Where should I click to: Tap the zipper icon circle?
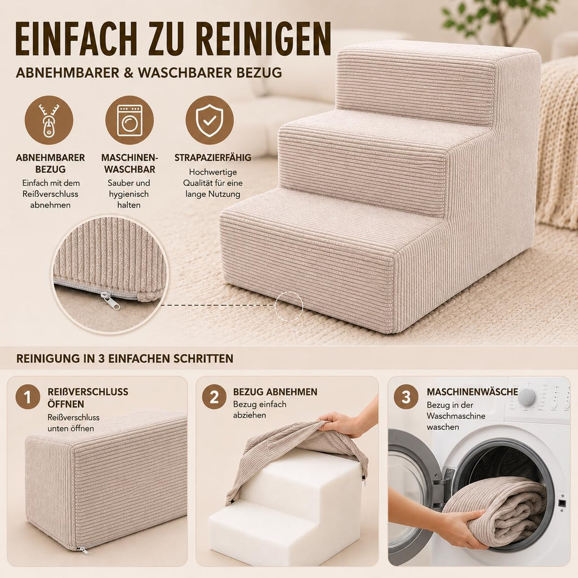tap(49, 120)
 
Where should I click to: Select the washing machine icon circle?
tap(130, 120)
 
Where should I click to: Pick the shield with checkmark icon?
tap(209, 120)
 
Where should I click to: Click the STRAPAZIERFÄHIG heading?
tap(212, 158)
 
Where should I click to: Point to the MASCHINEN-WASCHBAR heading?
tap(130, 163)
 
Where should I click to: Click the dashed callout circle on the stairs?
tap(289, 306)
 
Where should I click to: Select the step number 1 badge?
tap(28, 397)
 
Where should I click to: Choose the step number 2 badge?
tap(214, 397)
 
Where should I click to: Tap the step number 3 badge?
tap(406, 397)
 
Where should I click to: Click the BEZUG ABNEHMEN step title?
tap(275, 392)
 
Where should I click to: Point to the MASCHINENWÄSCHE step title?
tap(472, 392)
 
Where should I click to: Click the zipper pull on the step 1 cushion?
tap(85, 551)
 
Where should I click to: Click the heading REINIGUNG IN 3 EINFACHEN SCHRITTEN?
tap(125, 359)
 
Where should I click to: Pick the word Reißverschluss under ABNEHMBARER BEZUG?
tap(50, 194)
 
